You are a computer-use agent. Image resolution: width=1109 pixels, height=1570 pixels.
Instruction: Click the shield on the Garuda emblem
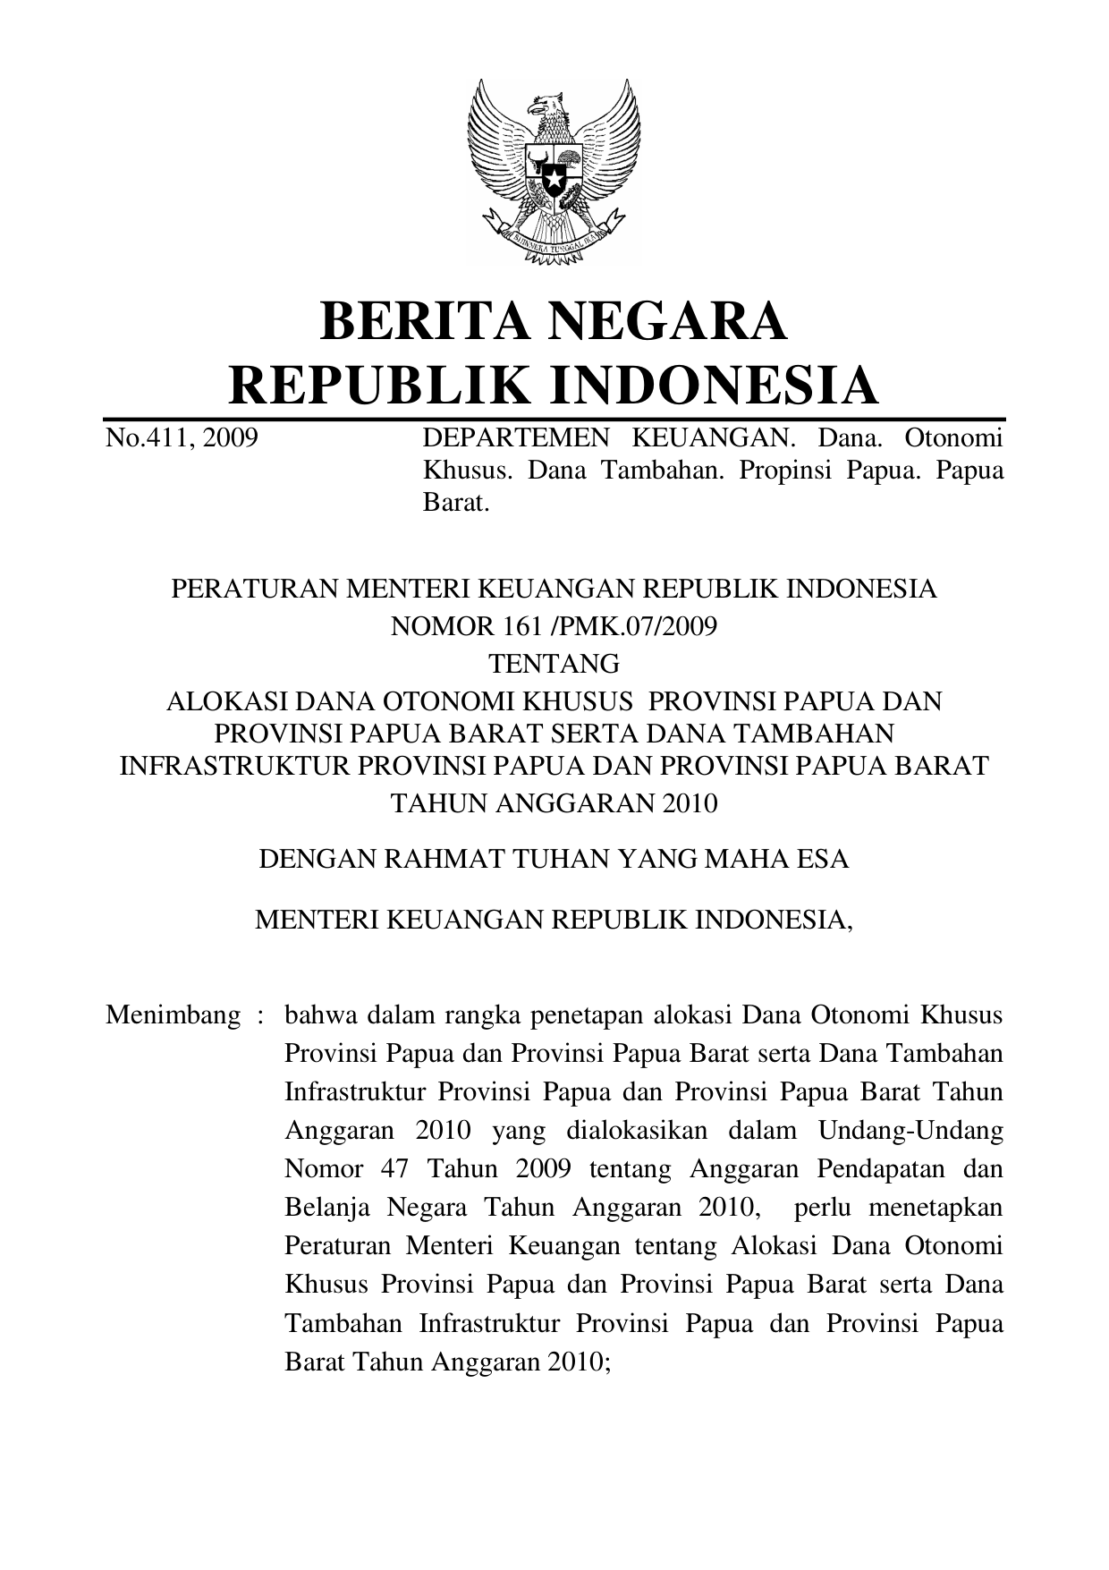click(x=554, y=174)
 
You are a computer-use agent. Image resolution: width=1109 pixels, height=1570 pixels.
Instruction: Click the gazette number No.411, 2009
click(x=182, y=438)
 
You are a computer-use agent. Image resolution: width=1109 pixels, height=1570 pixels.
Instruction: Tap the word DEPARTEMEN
click(x=515, y=438)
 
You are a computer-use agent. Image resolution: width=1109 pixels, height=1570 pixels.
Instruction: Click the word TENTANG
click(x=554, y=663)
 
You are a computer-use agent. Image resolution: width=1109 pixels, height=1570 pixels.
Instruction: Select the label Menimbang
click(x=173, y=1015)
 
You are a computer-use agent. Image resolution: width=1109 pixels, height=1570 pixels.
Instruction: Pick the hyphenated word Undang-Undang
click(x=910, y=1131)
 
